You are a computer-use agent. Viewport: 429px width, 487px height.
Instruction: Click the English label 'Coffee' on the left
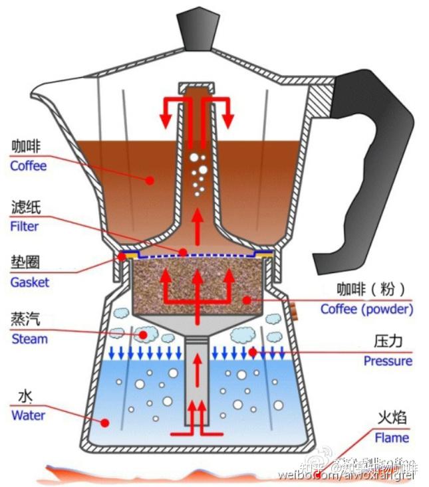pyautogui.click(x=29, y=165)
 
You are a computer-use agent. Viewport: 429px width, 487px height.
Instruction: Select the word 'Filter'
pyautogui.click(x=25, y=226)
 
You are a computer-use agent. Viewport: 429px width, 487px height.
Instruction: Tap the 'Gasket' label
pyautogui.click(x=29, y=282)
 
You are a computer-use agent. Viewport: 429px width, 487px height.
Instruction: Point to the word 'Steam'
pyautogui.click(x=30, y=339)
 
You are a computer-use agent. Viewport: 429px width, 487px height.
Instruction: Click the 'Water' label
pyautogui.click(x=28, y=415)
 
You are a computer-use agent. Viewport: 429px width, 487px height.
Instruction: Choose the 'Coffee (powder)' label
pyautogui.click(x=366, y=309)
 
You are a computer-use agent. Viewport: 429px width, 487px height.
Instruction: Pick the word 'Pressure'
pyautogui.click(x=388, y=361)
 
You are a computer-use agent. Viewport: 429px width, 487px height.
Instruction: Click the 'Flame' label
pyautogui.click(x=392, y=438)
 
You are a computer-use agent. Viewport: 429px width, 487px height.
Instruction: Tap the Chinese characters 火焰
pyautogui.click(x=392, y=418)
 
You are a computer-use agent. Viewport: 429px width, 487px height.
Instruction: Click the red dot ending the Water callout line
pyautogui.click(x=104, y=422)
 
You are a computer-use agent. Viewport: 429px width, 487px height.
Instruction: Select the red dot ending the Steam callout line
pyautogui.click(x=142, y=336)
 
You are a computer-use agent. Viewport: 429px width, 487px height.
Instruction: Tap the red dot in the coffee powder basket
pyautogui.click(x=247, y=300)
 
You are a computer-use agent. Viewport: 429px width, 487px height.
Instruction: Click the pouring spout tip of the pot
pyautogui.click(x=35, y=91)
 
